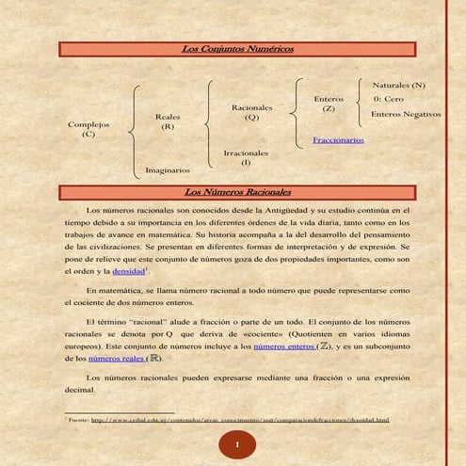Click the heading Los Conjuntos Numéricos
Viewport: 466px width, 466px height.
tap(237, 47)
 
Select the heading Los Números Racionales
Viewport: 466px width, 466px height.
tap(238, 192)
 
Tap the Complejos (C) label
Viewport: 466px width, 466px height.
tap(88, 129)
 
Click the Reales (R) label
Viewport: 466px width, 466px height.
tap(167, 121)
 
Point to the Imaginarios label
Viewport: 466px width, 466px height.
tap(168, 170)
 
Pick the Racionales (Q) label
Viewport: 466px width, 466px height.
tap(251, 113)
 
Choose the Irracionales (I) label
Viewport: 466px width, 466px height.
tap(246, 156)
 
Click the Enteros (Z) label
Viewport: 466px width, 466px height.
tap(329, 104)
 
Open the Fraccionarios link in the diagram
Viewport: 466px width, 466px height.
tap(338, 140)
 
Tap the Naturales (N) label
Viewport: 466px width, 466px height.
tap(398, 85)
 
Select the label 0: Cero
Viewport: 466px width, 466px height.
tap(388, 99)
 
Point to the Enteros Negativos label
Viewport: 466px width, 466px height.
tap(406, 114)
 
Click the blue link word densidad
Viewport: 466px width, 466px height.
tap(129, 271)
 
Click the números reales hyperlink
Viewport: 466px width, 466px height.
tap(119, 359)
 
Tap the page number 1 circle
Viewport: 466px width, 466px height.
tap(238, 443)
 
